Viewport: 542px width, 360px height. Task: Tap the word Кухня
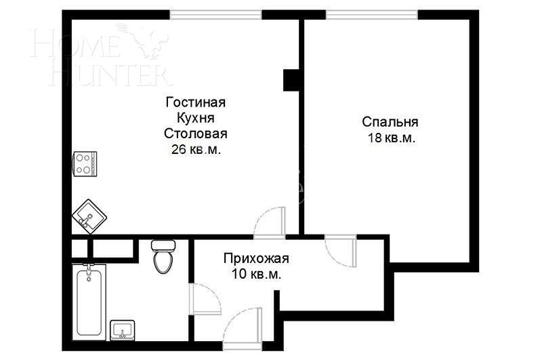click(x=195, y=118)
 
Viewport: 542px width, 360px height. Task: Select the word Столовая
click(x=195, y=134)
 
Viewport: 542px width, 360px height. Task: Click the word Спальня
click(x=390, y=122)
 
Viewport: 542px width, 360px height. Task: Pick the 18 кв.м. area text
click(x=390, y=138)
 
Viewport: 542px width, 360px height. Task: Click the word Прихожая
click(x=256, y=258)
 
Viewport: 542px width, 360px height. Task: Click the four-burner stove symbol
click(x=85, y=163)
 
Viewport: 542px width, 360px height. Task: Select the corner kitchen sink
click(x=89, y=215)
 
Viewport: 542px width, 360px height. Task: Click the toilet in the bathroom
click(x=162, y=256)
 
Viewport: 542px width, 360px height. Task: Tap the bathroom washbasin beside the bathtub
click(x=123, y=329)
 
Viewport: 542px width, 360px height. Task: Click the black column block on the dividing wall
click(x=292, y=80)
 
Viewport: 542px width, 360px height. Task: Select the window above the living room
click(x=215, y=14)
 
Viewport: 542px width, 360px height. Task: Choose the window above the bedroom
click(x=372, y=14)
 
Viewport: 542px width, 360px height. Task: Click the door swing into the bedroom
click(x=341, y=252)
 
